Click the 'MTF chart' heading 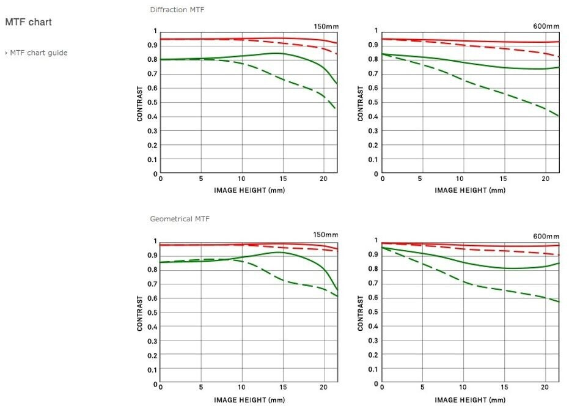pyautogui.click(x=28, y=22)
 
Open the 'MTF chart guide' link pyautogui.click(x=39, y=53)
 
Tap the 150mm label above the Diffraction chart pyautogui.click(x=326, y=26)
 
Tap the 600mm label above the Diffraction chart pyautogui.click(x=546, y=26)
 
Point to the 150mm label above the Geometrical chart pyautogui.click(x=326, y=235)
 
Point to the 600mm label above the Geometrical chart pyautogui.click(x=546, y=237)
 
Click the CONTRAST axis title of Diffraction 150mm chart pyautogui.click(x=140, y=103)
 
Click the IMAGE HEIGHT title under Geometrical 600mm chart pyautogui.click(x=470, y=400)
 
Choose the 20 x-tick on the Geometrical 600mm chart pyautogui.click(x=543, y=388)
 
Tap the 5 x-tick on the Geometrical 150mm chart pyautogui.click(x=201, y=388)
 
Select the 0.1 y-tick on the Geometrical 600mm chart pyautogui.click(x=374, y=369)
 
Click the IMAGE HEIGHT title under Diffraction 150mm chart pyautogui.click(x=249, y=190)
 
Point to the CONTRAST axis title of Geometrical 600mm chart pyautogui.click(x=361, y=313)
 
